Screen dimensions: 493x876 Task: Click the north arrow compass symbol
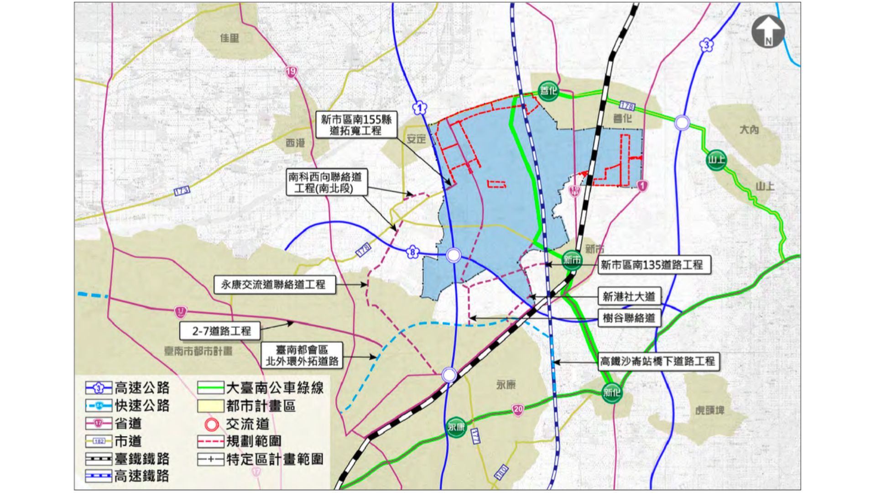768,31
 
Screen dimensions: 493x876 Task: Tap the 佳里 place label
229,38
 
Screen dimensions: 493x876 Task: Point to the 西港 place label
295,143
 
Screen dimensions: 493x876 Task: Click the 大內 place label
749,130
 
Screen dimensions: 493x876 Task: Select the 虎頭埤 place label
709,410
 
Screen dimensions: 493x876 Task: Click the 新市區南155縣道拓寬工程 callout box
356,125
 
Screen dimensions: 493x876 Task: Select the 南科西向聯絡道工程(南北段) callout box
327,182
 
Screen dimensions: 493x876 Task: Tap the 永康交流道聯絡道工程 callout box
274,284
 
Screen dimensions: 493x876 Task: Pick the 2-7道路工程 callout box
221,330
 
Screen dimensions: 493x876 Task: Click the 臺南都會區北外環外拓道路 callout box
302,356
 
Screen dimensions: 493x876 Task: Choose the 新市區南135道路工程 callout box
654,264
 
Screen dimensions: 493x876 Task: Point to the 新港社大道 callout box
629,296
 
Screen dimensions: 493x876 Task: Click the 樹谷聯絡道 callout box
629,318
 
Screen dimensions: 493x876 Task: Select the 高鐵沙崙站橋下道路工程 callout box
657,361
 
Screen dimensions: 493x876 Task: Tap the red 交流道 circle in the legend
211,425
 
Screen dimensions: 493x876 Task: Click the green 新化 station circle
612,392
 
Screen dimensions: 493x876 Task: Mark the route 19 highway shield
291,72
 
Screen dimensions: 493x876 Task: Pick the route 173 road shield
182,191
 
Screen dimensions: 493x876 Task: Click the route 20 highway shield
518,409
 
